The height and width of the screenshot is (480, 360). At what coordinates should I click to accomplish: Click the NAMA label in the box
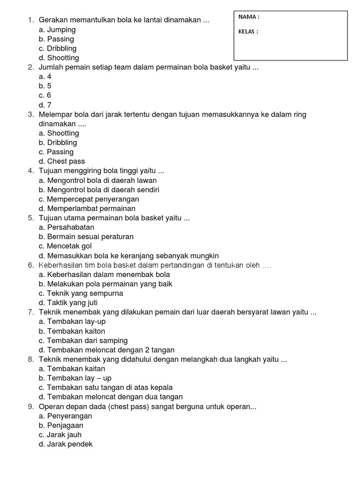[248, 17]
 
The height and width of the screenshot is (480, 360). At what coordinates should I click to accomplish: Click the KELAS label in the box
[248, 32]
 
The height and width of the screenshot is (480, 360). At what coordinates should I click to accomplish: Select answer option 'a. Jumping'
[57, 30]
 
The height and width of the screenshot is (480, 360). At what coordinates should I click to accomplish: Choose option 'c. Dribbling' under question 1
[58, 49]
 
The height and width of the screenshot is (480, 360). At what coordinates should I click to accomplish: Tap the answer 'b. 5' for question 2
[45, 86]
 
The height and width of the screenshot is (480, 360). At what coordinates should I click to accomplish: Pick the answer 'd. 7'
[45, 105]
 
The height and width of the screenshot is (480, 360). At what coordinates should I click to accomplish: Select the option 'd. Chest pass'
[62, 162]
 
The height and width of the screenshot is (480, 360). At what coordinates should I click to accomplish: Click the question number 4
[30, 171]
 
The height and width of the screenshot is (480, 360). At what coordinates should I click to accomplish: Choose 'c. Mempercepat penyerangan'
[89, 199]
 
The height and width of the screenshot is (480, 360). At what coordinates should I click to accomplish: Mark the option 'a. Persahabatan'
[67, 227]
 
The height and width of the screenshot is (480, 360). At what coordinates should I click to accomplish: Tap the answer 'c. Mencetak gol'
[65, 246]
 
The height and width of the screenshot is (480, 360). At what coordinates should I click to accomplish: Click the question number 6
[30, 265]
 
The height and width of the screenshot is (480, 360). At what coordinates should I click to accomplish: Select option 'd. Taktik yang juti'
[68, 303]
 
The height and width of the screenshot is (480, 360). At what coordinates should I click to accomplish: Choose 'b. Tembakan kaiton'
[72, 331]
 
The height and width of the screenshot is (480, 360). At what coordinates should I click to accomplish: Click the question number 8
[30, 360]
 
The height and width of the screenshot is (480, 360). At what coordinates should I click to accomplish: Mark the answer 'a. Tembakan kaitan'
[72, 369]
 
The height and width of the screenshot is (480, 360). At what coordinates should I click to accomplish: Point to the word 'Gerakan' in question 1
[53, 20]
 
